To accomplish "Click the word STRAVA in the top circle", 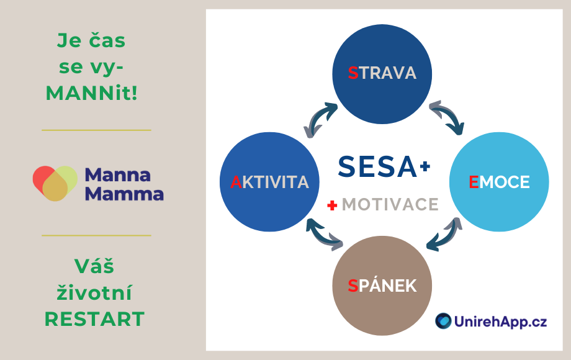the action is click(382, 73).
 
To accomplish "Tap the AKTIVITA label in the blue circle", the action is click(269, 182).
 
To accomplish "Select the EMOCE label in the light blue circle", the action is click(499, 182).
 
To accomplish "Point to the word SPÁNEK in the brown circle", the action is click(382, 286).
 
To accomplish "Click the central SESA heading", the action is click(377, 167).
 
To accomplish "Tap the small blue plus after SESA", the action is click(425, 166).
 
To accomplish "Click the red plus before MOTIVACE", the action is click(332, 205).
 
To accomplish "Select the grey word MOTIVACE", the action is click(390, 204).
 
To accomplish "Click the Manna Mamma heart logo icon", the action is click(55, 184).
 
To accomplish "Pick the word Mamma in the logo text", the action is click(124, 194).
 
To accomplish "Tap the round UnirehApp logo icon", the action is click(443, 321).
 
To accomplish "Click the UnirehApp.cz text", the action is click(500, 322).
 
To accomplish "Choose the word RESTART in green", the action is click(95, 319).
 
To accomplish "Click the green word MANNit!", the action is click(92, 93).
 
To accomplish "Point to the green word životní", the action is click(94, 292).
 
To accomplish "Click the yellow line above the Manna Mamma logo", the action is click(96, 130).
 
